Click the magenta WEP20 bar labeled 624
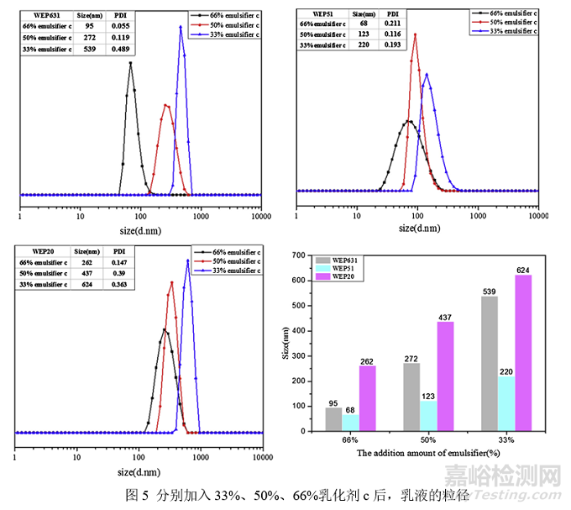coord(522,352)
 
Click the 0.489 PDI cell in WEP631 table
coord(120,49)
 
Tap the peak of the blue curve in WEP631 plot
coord(181,27)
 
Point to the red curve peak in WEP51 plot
coord(415,34)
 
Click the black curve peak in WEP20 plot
coord(165,329)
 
